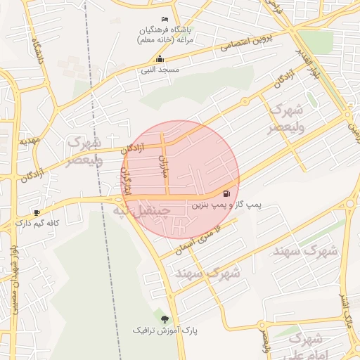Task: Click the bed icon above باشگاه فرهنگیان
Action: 165,18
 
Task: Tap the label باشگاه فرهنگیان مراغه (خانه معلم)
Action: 165,34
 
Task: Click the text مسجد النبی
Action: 160,70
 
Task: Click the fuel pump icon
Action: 226,193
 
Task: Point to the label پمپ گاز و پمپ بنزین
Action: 226,205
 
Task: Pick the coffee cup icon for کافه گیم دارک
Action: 37,212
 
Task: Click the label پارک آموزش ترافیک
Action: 165,329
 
